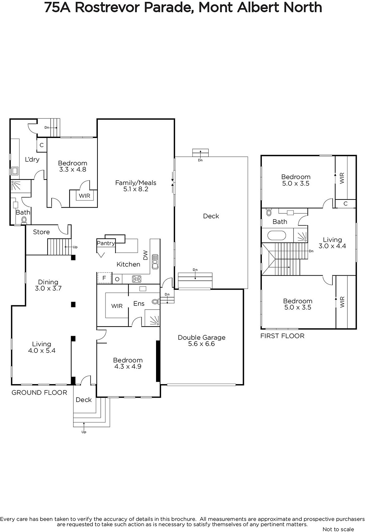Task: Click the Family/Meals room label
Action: pos(136,186)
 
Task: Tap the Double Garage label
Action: pos(202,340)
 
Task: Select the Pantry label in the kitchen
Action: pos(106,243)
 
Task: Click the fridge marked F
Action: pos(104,278)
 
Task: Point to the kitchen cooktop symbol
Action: pos(137,279)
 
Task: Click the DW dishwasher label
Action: pos(145,255)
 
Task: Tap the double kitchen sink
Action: pos(155,261)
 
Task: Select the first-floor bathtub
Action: pos(277,236)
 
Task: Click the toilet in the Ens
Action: pos(155,302)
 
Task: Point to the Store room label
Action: pos(41,232)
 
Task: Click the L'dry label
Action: pos(32,159)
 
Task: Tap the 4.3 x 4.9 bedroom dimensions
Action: pos(128,366)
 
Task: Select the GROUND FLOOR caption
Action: pos(40,393)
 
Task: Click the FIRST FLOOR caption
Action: pos(282,336)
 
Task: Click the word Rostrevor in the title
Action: pos(107,7)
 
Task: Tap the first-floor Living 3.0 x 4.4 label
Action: pos(332,243)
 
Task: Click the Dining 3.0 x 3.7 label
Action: pos(48,285)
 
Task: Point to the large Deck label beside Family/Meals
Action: pos(211,216)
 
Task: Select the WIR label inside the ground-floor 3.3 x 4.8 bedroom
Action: pos(85,196)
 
